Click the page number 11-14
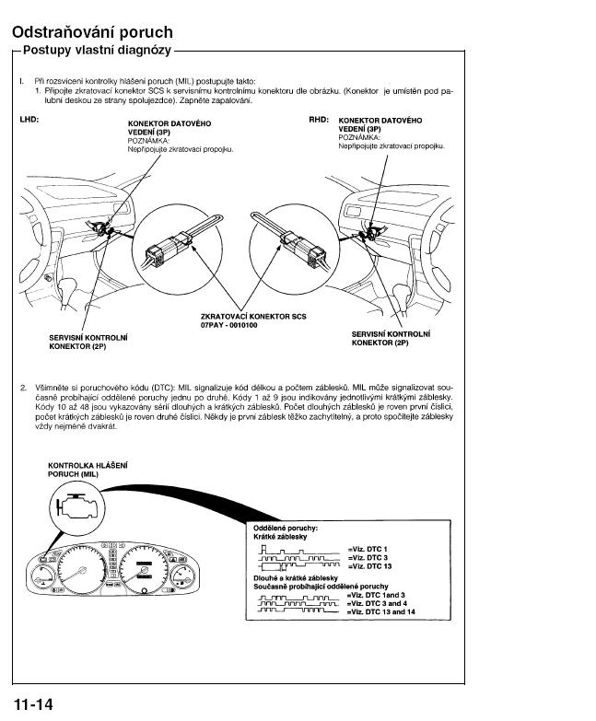pos(33,704)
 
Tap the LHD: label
pos(29,120)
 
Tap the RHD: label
pos(319,120)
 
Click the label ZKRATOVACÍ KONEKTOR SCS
pos(253,317)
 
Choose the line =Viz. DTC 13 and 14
pos(379,611)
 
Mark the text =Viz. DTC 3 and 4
pos(374,602)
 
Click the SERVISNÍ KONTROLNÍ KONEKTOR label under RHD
pos(391,338)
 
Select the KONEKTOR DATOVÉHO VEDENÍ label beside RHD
pos(380,125)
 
